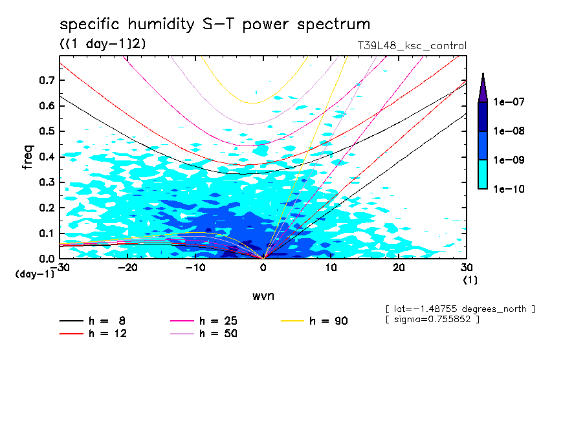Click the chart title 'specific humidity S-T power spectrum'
(x=215, y=25)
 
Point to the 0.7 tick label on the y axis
(x=45, y=80)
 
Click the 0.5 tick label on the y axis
(x=45, y=131)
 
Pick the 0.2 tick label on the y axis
(x=45, y=208)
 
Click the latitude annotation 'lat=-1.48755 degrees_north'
(x=459, y=309)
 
